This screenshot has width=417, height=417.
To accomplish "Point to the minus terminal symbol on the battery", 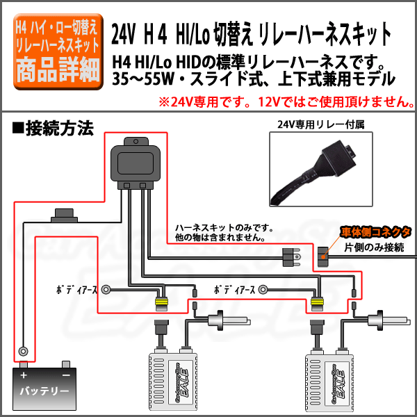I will point(65,375).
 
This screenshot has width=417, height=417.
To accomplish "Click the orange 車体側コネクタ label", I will point(376,232).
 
